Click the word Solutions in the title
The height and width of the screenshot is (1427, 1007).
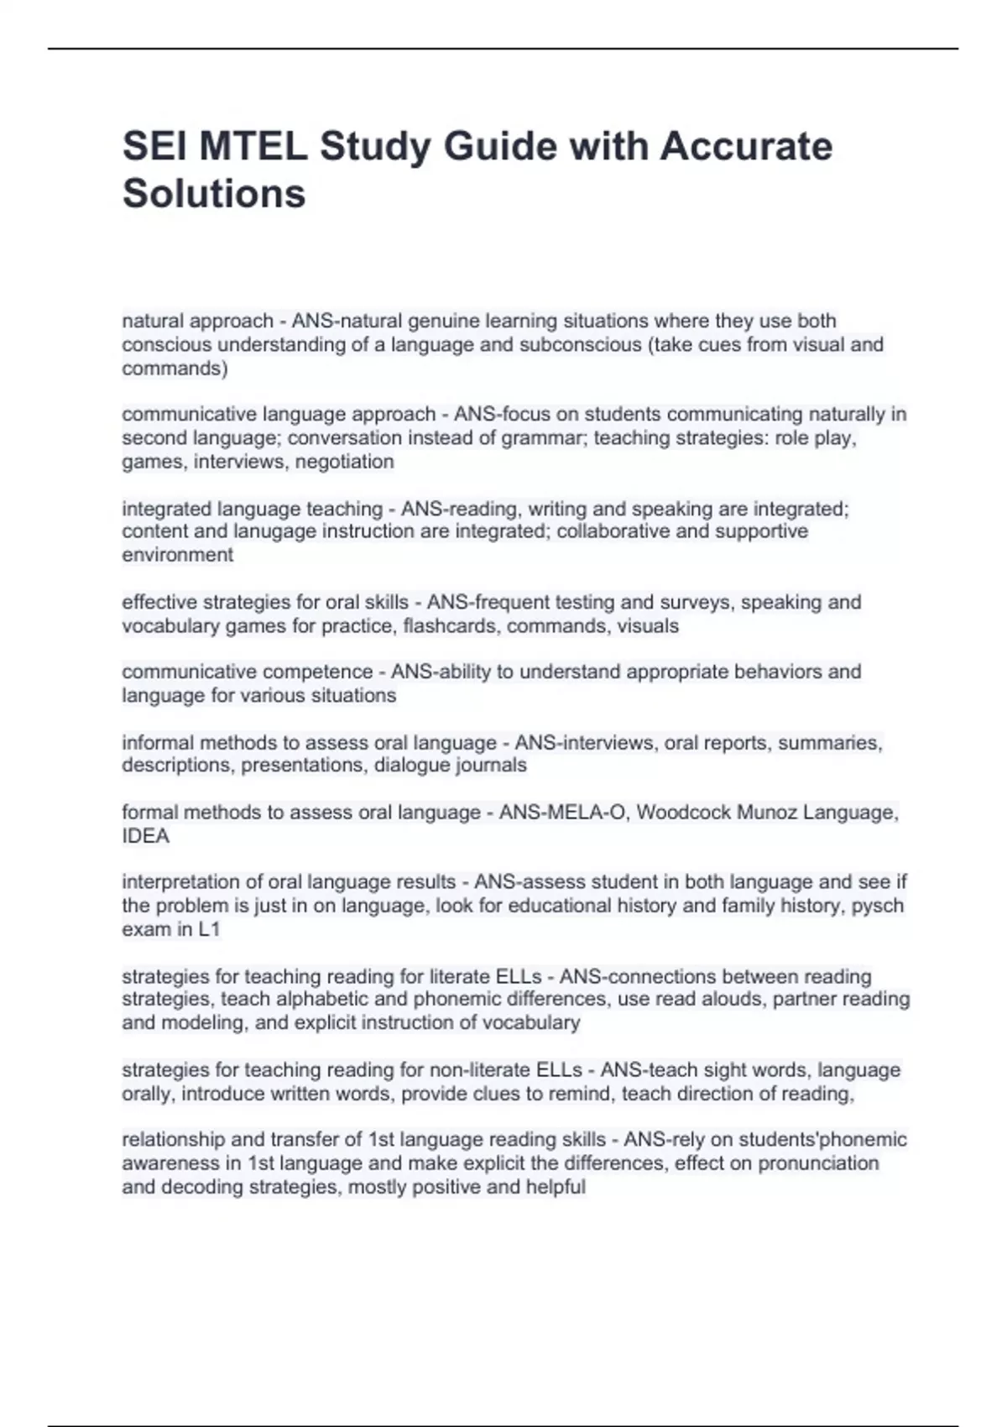[214, 193]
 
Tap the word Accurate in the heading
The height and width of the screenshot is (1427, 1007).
[746, 146]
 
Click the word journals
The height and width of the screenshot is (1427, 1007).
[491, 766]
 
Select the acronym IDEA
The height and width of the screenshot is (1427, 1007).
[145, 836]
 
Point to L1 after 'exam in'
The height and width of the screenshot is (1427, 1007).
[209, 929]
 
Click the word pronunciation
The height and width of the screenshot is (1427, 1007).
[818, 1163]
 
